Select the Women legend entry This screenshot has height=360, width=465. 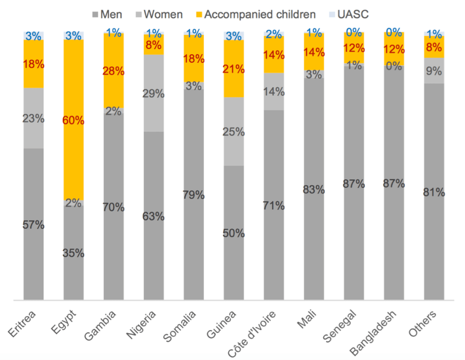[159, 14]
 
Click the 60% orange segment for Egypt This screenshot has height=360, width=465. [73, 121]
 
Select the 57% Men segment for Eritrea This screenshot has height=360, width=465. [33, 225]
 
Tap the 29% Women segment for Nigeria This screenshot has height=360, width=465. [153, 93]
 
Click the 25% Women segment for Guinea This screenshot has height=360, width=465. [234, 132]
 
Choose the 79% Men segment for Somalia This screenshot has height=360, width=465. [194, 195]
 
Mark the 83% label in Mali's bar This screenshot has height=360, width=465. [314, 189]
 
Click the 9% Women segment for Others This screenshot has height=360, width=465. [434, 71]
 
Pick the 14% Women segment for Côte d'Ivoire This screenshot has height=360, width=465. [274, 92]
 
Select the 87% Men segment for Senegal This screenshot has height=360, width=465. [354, 183]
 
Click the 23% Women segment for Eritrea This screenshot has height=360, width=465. [33, 118]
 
